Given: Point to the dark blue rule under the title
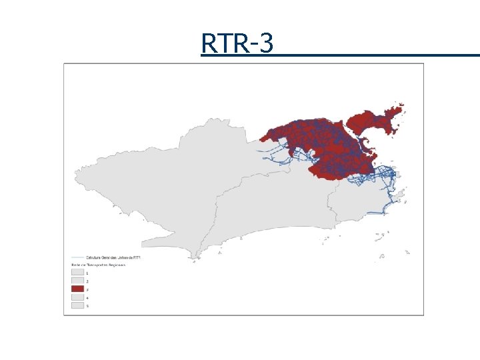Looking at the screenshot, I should click(x=340, y=55).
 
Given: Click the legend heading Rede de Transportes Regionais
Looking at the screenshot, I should click(x=98, y=265).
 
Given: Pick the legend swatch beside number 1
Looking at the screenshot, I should click(x=77, y=273).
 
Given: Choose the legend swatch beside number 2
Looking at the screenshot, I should click(x=77, y=281).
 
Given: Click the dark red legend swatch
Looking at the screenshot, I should click(x=77, y=289).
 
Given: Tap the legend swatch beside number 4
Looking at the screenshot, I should click(x=77, y=297).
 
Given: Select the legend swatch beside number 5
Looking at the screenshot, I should click(x=77, y=305).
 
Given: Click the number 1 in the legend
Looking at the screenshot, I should click(x=87, y=273).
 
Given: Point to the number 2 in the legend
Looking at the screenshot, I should click(x=87, y=281).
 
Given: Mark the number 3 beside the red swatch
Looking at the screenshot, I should click(x=87, y=289).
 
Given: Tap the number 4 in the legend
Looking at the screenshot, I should click(x=87, y=297).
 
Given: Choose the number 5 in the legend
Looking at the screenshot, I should click(x=87, y=306).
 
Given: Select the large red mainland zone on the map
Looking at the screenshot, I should click(x=313, y=143).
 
